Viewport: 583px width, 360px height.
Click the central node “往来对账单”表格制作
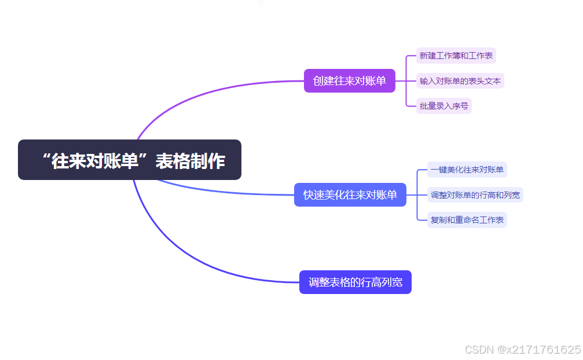[x=129, y=160]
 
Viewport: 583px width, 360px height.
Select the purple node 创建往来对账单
[x=349, y=81]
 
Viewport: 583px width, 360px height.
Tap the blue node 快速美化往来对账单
[x=350, y=195]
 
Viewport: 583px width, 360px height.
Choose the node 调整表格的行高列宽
[x=355, y=282]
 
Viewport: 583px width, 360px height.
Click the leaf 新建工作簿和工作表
[x=456, y=56]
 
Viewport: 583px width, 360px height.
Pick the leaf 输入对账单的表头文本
[x=460, y=81]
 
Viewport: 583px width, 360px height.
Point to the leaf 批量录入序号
[x=444, y=106]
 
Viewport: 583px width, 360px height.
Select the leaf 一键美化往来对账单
[x=467, y=170]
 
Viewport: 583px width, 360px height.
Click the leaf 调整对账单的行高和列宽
[x=475, y=195]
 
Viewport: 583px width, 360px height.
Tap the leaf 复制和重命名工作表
[x=467, y=220]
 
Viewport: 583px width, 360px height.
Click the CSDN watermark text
[x=478, y=350]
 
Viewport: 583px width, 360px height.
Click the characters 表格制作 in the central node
[x=190, y=161]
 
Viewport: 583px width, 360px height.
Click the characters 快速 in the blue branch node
[x=313, y=195]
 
